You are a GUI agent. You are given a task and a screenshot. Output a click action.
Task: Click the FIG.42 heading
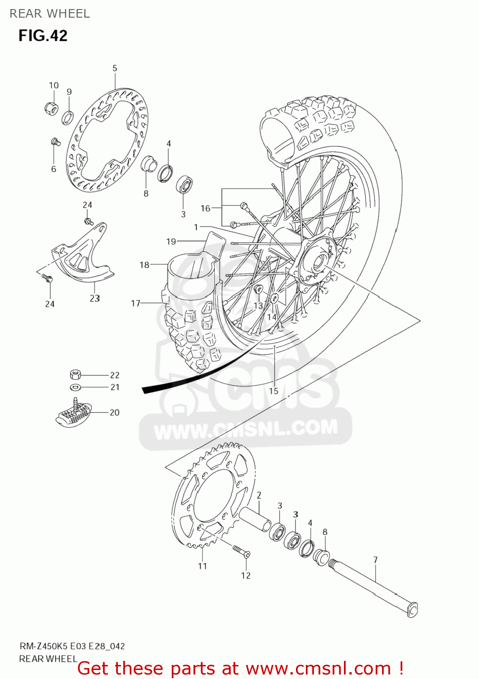(43, 36)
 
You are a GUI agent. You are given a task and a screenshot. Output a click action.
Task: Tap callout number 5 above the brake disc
(115, 68)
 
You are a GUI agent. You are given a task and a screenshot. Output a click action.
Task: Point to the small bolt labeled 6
(55, 142)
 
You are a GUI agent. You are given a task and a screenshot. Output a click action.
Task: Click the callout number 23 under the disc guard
(94, 298)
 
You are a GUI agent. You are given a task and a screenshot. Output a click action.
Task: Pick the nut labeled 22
(75, 374)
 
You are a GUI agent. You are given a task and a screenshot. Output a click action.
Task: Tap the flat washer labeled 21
(75, 387)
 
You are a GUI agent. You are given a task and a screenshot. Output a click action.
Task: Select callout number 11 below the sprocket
(202, 566)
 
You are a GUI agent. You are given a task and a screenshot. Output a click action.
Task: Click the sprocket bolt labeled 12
(241, 551)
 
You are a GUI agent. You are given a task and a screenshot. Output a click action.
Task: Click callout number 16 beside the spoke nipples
(205, 208)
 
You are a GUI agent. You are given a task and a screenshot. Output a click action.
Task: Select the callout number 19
(171, 241)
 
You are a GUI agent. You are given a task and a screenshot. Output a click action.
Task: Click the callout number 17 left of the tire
(135, 303)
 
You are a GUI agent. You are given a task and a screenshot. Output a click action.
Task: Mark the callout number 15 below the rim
(274, 391)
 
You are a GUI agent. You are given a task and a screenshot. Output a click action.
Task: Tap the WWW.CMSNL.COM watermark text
(246, 428)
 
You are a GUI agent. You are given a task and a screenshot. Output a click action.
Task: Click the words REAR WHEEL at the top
(50, 14)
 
